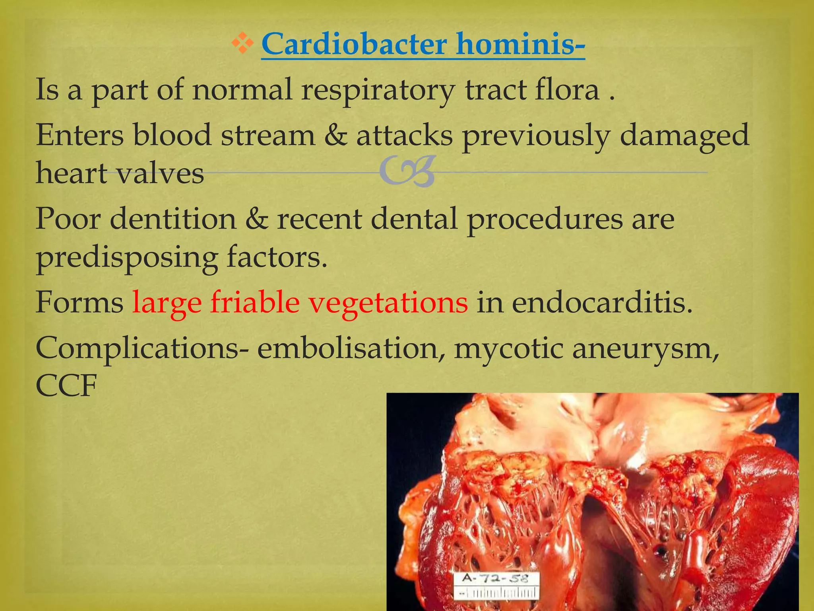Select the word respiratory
pos(378,90)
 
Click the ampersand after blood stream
pos(335,135)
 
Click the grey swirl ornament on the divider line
pos(407,172)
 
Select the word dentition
pos(173,219)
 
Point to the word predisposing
pos(127,259)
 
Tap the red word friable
pos(255,302)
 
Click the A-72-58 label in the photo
pos(496,578)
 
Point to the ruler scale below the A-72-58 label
pos(497,593)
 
